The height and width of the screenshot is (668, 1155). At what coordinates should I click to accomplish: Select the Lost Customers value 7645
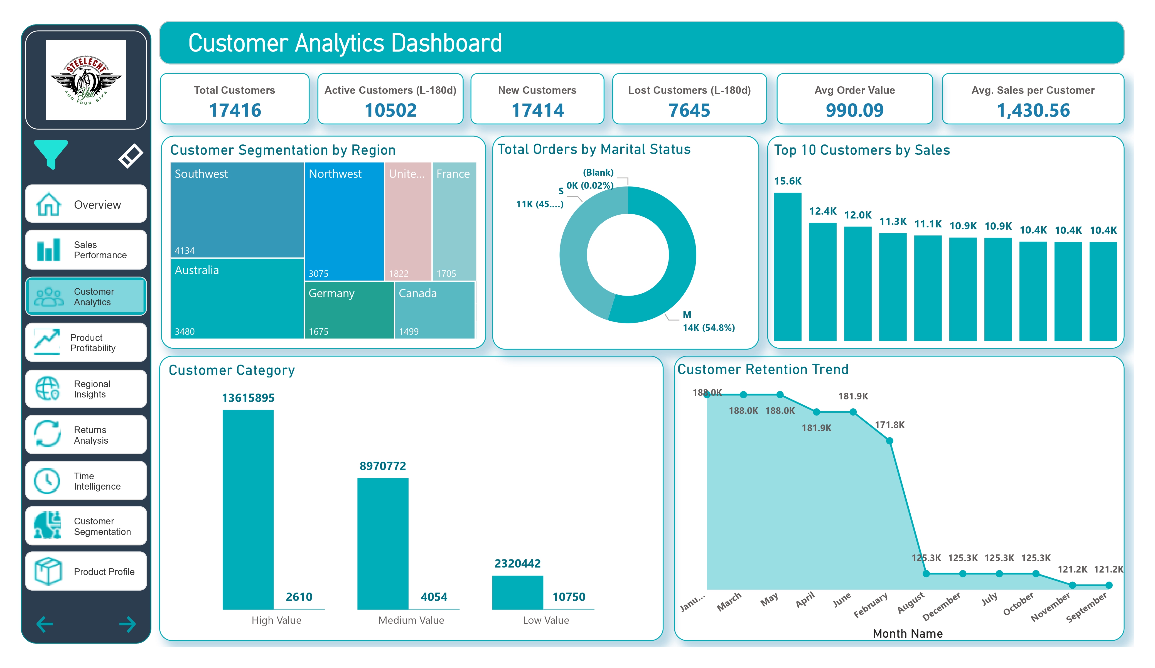click(x=689, y=110)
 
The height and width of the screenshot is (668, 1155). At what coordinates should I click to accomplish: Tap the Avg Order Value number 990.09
click(x=854, y=110)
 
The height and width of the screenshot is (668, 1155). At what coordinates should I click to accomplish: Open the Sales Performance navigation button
click(x=86, y=250)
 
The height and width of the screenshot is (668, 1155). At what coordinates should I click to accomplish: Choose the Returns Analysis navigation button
click(x=86, y=435)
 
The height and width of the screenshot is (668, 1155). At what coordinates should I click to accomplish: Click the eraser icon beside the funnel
click(x=130, y=156)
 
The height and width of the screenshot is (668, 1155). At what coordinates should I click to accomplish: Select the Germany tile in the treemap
click(x=349, y=310)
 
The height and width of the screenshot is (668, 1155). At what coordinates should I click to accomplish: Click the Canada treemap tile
click(x=434, y=310)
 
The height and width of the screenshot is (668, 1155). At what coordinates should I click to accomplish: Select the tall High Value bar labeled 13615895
click(x=248, y=509)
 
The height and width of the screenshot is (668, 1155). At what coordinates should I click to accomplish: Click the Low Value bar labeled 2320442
click(x=517, y=592)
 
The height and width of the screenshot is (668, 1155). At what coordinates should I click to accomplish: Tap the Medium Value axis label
click(x=411, y=620)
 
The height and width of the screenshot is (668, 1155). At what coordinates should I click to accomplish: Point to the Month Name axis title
click(x=908, y=633)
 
